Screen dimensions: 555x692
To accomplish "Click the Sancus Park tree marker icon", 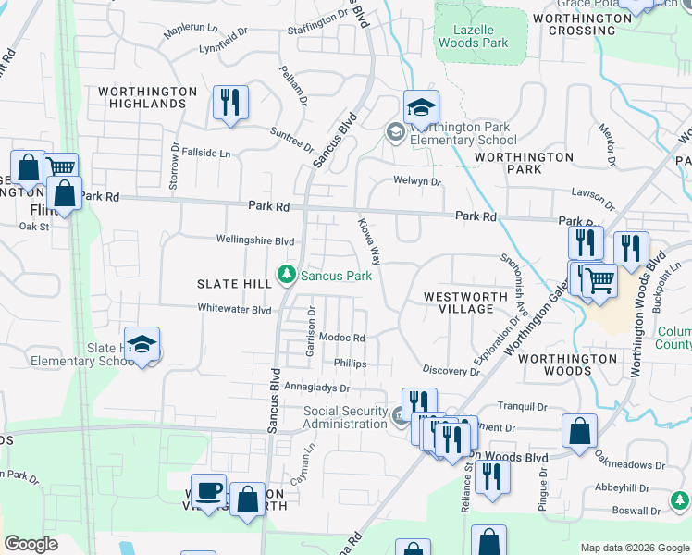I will (288, 276).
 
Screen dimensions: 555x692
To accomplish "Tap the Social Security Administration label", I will (345, 417).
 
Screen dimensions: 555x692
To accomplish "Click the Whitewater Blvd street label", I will (234, 309).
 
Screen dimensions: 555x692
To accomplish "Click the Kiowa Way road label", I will (370, 240).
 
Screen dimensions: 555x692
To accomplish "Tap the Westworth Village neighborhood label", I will (465, 302).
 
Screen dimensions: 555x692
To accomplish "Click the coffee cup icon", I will (208, 491).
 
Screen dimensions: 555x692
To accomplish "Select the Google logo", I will (31, 544).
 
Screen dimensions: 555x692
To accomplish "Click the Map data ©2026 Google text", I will (635, 548).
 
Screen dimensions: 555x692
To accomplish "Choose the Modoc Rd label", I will (341, 339).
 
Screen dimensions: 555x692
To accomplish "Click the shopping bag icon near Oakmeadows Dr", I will (579, 431).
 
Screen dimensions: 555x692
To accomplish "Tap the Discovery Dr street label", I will (451, 371).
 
